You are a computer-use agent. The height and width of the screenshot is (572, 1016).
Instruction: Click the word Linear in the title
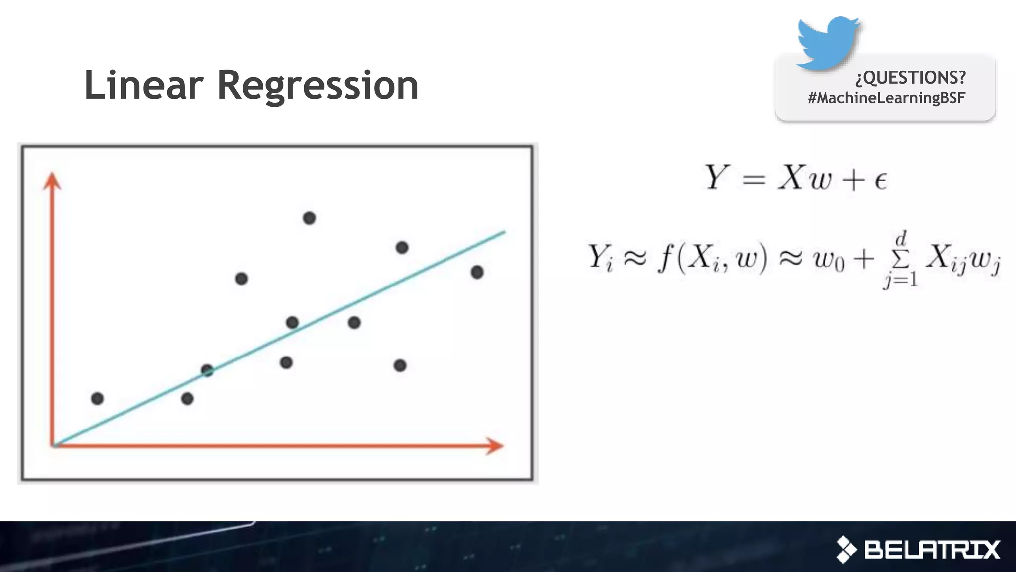pos(144,85)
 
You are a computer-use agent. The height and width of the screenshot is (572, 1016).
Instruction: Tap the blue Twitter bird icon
pos(827,43)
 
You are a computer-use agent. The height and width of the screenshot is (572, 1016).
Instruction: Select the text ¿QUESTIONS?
pos(910,77)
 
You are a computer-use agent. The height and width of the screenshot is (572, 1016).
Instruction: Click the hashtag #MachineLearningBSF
pos(886,98)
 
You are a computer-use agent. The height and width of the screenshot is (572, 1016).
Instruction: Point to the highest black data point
pos(309,218)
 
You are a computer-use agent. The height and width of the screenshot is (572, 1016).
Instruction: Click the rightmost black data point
pos(477,272)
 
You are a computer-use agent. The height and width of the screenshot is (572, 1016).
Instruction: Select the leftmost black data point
pos(97,398)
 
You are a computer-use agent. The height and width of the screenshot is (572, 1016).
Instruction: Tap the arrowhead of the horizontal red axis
pos(494,446)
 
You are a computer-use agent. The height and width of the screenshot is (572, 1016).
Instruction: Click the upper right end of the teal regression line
pos(503,232)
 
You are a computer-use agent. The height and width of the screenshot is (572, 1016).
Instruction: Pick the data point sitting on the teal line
pos(207,370)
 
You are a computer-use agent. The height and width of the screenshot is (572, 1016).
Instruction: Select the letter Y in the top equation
pos(716,177)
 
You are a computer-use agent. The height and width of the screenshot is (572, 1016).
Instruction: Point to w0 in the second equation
pos(828,260)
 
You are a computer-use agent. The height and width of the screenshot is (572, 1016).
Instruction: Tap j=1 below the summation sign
pos(900,280)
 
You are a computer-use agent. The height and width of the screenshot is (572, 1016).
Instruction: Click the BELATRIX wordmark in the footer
pos(932,550)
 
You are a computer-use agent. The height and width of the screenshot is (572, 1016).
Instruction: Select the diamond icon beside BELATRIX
pos(846,550)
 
